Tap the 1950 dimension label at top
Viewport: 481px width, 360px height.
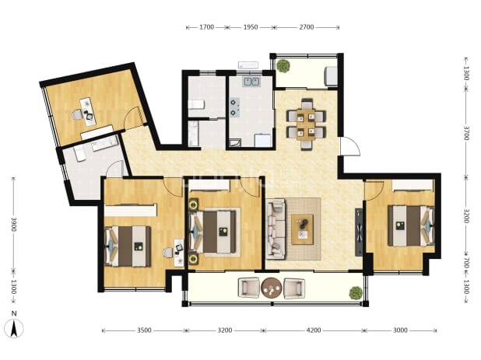tap(251, 27)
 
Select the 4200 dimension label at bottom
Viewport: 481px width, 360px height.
tap(314, 330)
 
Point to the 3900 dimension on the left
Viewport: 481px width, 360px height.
tap(14, 225)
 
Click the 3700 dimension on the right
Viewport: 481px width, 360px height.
tap(465, 133)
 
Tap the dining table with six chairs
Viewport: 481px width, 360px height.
tap(307, 124)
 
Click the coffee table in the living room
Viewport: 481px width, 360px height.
tap(303, 229)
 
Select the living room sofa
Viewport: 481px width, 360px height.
tap(276, 229)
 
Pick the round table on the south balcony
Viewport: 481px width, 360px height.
tap(272, 288)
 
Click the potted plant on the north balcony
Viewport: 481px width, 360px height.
tap(283, 65)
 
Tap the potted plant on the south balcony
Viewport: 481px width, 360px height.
tap(356, 293)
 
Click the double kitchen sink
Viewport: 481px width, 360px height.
tap(251, 82)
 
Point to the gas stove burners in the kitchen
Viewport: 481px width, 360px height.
tap(235, 107)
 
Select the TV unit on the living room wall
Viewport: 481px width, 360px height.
tap(358, 232)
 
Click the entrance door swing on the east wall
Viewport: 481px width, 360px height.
tap(349, 146)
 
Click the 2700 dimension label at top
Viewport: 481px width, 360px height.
tap(307, 27)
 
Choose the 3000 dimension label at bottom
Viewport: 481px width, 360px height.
tap(400, 330)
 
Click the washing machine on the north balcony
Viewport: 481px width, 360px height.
tap(331, 75)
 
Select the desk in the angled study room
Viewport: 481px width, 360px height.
tap(88, 112)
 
